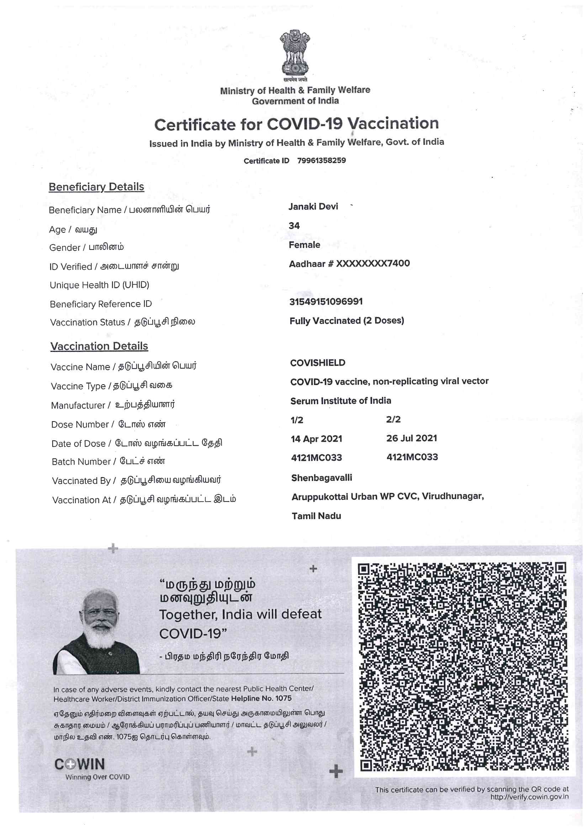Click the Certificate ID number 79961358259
(x=321, y=160)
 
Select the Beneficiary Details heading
(x=96, y=187)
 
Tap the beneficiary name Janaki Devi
(x=313, y=207)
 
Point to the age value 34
(x=294, y=226)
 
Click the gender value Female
(x=304, y=245)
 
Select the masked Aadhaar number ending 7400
(x=349, y=263)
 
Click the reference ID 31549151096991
(x=326, y=301)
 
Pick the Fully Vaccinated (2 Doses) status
(x=347, y=321)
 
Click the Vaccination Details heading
(x=99, y=346)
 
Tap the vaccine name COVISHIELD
(x=318, y=363)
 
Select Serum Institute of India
(x=340, y=401)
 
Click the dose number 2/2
(x=393, y=419)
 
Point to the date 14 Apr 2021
(x=316, y=439)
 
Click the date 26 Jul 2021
(x=412, y=438)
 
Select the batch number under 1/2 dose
(x=316, y=458)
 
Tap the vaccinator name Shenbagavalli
(x=321, y=478)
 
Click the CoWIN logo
(x=80, y=765)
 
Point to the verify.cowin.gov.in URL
(x=529, y=797)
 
